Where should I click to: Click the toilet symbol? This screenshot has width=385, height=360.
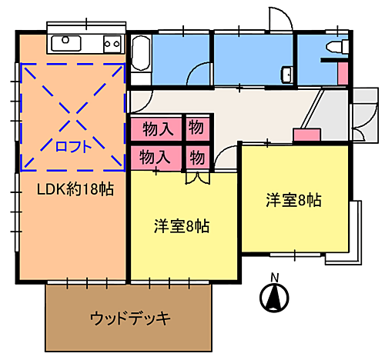click(334, 48)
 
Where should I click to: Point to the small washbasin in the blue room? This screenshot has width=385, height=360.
click(286, 75)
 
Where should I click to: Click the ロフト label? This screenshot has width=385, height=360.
click(73, 145)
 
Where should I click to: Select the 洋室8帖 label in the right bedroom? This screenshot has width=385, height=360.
click(293, 200)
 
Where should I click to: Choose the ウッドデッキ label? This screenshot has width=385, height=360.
click(129, 317)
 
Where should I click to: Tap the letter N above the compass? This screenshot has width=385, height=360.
click(273, 278)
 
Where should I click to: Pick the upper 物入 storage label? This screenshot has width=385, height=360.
click(156, 127)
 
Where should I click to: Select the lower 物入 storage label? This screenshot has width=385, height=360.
click(156, 157)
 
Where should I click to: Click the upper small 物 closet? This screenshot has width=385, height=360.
click(197, 127)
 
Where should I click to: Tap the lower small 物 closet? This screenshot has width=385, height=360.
click(197, 157)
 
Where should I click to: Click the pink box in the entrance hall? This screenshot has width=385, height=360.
click(306, 135)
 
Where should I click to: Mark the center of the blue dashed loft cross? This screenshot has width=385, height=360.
click(73, 115)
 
